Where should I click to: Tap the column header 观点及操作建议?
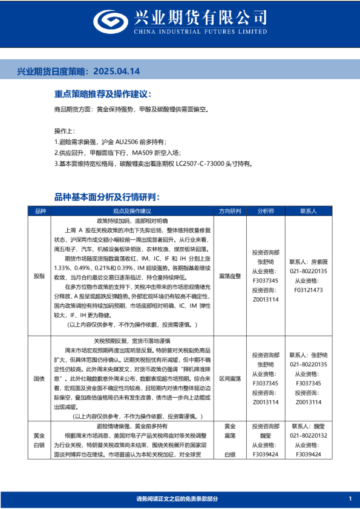point(132,211)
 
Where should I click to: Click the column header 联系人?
point(309,211)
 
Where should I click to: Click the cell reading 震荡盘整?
point(230,275)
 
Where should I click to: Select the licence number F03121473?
point(309,290)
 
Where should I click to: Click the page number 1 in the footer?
point(350,498)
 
